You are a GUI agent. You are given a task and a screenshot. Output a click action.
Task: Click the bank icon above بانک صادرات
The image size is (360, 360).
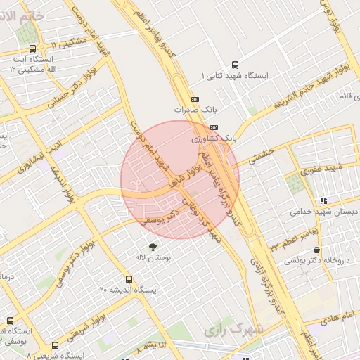tap(195, 99)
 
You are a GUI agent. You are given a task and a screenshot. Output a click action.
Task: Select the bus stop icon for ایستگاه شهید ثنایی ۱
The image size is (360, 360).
tap(234, 63)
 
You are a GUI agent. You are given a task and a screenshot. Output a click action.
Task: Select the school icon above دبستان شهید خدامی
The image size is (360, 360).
tap(323, 200)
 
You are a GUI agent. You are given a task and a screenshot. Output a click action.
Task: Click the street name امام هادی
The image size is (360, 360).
tap(339, 318)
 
